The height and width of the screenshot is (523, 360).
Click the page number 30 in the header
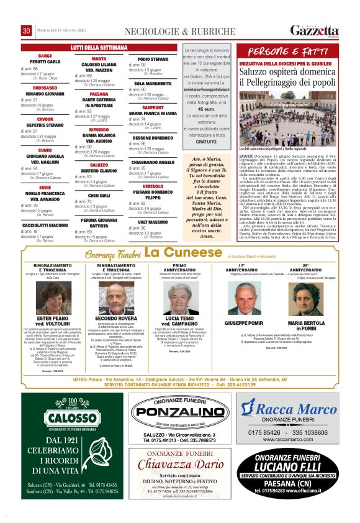27,30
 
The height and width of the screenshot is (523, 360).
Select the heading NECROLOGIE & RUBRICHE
164,31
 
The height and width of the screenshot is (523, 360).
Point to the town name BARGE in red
45,56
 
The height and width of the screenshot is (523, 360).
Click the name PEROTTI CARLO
45,61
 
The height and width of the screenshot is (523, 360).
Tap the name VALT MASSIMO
153,221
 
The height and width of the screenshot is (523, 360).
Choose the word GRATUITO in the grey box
204,142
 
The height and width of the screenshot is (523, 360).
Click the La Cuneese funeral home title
179,252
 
